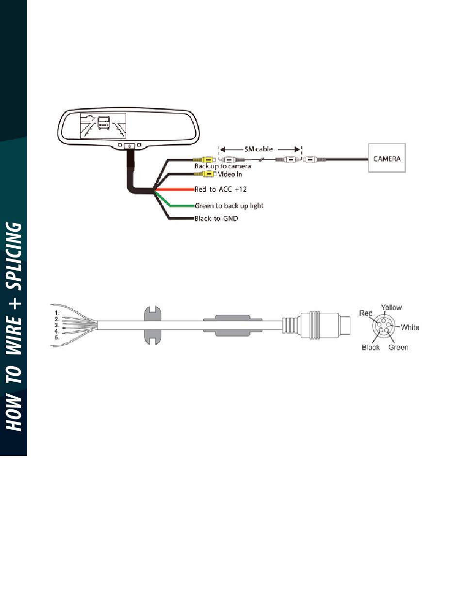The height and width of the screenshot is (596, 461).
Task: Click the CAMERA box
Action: (387, 158)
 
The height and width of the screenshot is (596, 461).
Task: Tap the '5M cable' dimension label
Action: (259, 149)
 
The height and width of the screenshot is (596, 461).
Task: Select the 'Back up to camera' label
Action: (223, 166)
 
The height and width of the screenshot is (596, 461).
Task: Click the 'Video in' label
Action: (230, 174)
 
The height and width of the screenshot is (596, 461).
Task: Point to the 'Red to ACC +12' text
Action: (221, 189)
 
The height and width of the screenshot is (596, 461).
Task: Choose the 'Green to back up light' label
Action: (229, 206)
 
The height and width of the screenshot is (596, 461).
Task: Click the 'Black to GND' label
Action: (216, 219)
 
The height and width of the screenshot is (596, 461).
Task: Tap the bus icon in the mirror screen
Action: (104, 122)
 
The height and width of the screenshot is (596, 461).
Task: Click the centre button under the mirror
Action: (130, 146)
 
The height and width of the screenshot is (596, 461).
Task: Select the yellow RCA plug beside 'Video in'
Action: (208, 174)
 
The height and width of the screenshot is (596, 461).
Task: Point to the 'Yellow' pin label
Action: (391, 307)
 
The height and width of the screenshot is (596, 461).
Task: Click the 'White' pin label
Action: (410, 327)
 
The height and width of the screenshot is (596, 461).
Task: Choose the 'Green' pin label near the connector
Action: (398, 348)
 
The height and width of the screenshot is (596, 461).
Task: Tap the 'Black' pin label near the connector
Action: (370, 348)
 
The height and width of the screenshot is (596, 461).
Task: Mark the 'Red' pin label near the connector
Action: (366, 313)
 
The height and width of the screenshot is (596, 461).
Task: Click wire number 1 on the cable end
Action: (57, 313)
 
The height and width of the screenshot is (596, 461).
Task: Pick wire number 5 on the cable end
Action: (57, 338)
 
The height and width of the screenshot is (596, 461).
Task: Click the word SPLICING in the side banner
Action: (14, 257)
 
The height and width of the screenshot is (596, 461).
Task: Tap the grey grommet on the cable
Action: (152, 325)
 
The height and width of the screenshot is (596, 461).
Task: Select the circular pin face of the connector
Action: (383, 325)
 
